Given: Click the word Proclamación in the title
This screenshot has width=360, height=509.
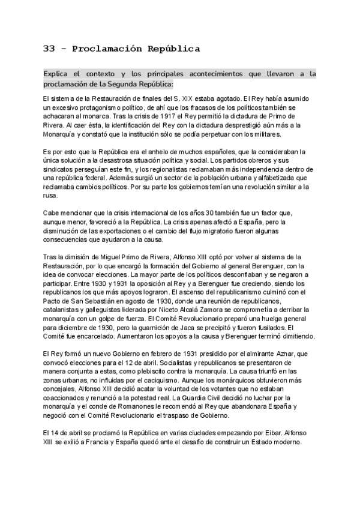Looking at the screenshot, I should (x=104, y=49).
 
